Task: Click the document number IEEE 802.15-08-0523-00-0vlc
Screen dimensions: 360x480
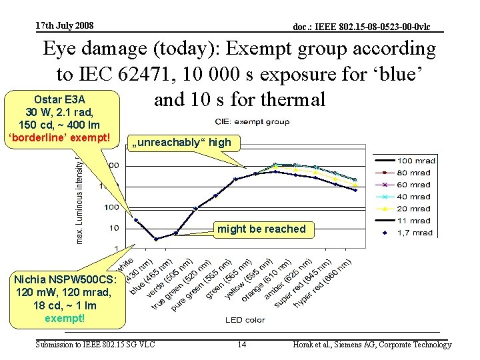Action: tap(362, 27)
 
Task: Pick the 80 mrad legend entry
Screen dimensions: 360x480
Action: tap(414, 173)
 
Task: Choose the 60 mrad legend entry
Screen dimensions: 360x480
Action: tap(414, 185)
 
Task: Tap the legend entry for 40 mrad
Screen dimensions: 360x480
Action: tap(414, 197)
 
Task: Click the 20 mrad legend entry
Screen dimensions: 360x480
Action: tap(414, 209)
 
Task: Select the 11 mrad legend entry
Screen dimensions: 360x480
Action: tap(414, 221)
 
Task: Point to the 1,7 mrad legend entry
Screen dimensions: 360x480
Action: tap(414, 233)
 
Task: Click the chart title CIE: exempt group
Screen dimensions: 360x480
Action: tap(252, 121)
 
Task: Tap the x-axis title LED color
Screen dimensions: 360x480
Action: tap(245, 319)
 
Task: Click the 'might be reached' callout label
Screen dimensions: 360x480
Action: tap(261, 229)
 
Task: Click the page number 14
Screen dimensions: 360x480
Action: tap(242, 345)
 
